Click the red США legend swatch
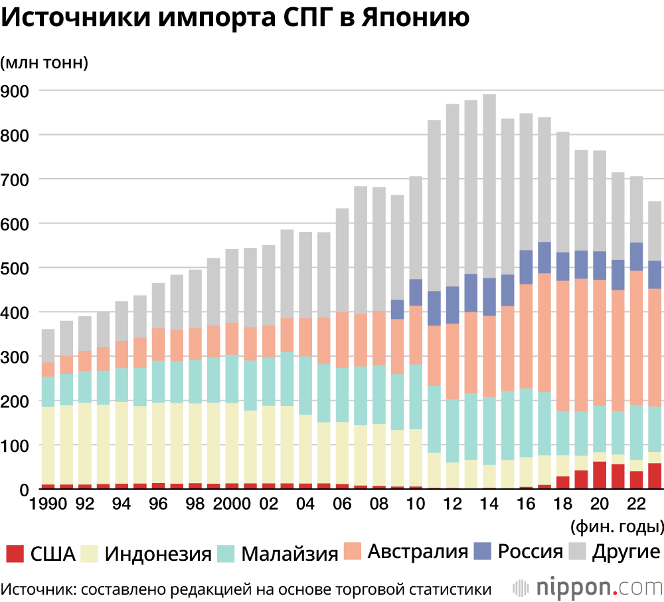[x=15, y=553]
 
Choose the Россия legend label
[x=530, y=552]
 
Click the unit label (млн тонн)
[x=44, y=63]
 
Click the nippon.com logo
[x=588, y=587]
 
